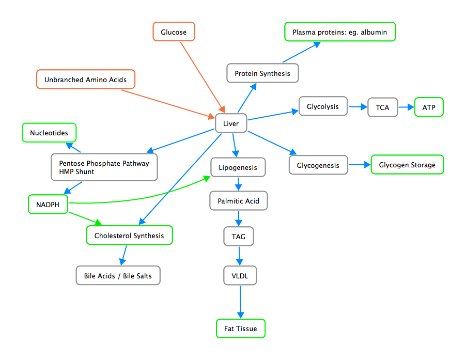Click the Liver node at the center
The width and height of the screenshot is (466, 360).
(x=230, y=123)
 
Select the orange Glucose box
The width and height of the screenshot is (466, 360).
(x=174, y=32)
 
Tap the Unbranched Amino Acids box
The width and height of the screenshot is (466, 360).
(x=85, y=80)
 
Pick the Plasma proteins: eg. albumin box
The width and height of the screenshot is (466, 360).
(x=339, y=32)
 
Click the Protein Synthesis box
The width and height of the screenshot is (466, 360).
(x=262, y=73)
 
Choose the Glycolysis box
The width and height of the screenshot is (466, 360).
(x=323, y=107)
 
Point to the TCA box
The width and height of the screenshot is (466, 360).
(x=383, y=108)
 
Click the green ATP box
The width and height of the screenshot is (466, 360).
(x=429, y=107)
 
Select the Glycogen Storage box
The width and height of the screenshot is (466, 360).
(x=407, y=165)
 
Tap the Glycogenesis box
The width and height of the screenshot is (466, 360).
(x=318, y=165)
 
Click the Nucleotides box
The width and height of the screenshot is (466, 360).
(x=49, y=133)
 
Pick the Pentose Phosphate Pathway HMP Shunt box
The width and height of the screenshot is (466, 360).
(x=104, y=167)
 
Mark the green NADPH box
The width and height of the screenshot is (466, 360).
(x=48, y=205)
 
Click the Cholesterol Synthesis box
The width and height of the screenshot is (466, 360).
(x=129, y=236)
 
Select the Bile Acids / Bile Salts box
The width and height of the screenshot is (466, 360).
(x=118, y=276)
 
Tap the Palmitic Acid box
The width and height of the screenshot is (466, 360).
(x=238, y=200)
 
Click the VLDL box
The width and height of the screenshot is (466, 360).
(x=240, y=276)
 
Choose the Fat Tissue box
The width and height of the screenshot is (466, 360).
(x=240, y=328)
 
